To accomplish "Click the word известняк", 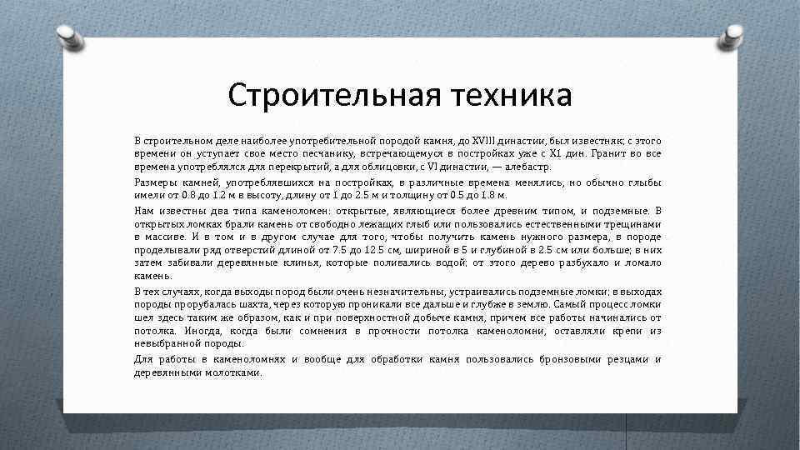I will click(587, 141).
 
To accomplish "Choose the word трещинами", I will click(636, 223).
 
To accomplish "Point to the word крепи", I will click(627, 331).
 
